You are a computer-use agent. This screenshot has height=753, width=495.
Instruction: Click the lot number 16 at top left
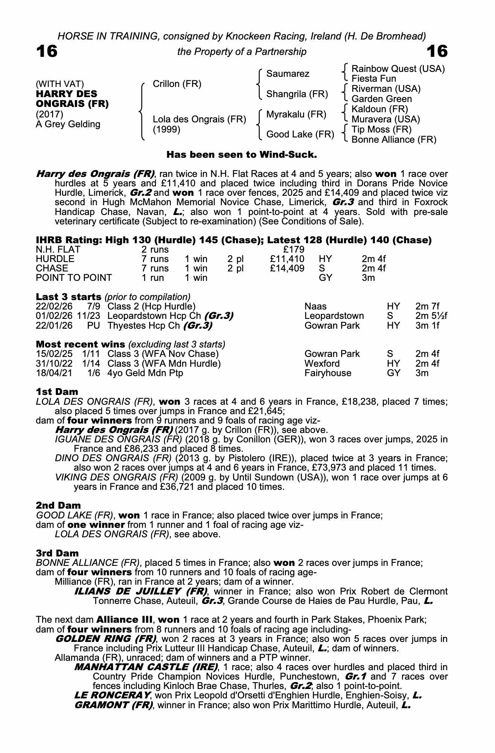point(47,51)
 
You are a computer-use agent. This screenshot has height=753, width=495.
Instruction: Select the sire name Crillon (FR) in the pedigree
point(177,84)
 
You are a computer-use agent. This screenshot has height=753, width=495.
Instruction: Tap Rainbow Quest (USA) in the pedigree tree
point(398,69)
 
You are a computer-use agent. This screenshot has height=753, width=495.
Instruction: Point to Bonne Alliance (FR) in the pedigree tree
point(394,140)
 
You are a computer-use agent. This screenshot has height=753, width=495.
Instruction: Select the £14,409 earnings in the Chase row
point(287,268)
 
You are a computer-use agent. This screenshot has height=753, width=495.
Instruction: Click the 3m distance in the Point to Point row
point(368,278)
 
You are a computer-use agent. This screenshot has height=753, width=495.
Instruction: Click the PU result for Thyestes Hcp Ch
point(93,326)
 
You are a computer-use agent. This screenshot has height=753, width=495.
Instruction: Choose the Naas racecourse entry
point(315,306)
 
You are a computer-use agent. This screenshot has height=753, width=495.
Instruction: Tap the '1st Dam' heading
point(57,392)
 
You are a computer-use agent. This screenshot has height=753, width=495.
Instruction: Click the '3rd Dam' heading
point(57,553)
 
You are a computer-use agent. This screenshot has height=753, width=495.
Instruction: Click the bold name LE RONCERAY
point(112,695)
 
